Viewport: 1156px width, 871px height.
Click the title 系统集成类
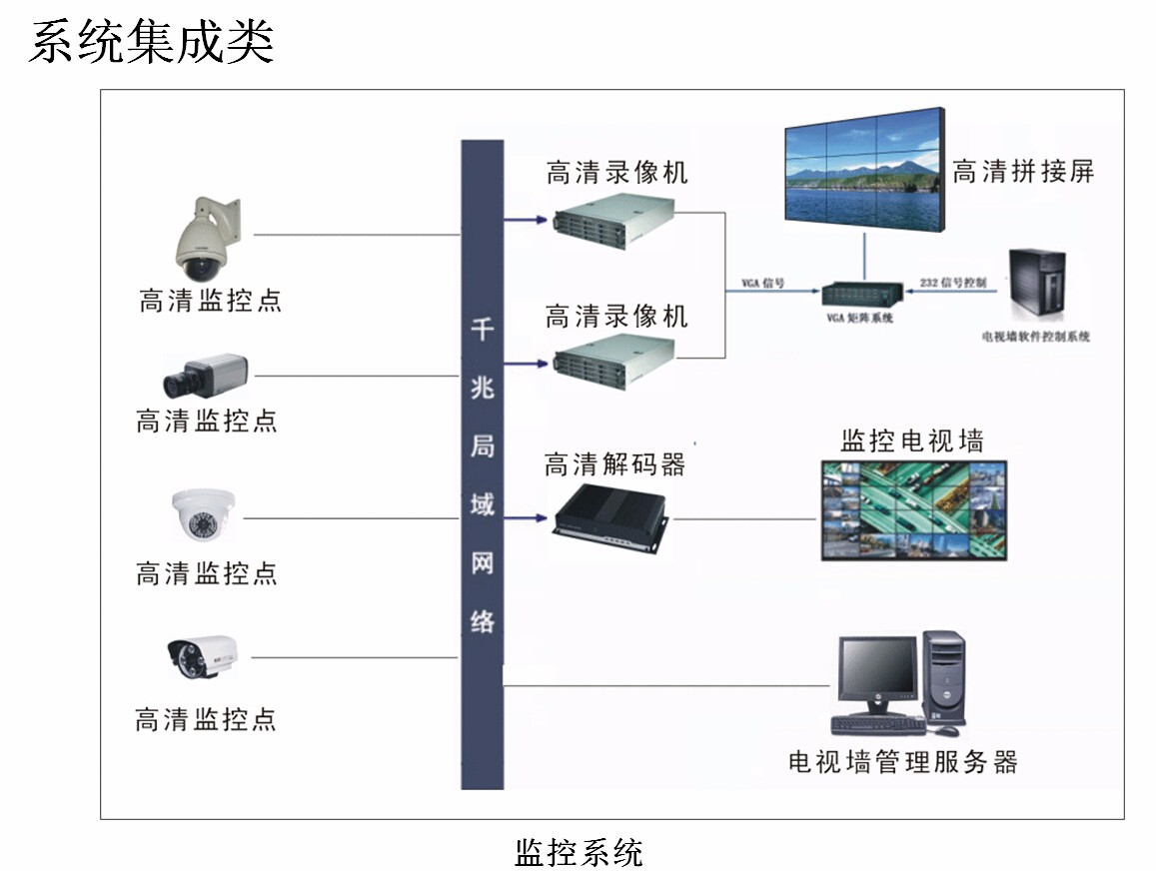pyautogui.click(x=151, y=43)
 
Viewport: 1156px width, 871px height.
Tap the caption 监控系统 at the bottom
pyautogui.click(x=578, y=852)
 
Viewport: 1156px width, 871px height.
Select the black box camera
pyautogui.click(x=205, y=377)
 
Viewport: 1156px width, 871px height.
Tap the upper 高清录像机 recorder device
pyautogui.click(x=612, y=222)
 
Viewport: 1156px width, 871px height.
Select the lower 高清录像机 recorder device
pyautogui.click(x=612, y=363)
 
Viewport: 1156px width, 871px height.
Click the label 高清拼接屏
pyautogui.click(x=1023, y=171)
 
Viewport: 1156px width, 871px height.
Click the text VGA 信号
pyautogui.click(x=762, y=284)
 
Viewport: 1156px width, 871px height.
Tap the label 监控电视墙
pyautogui.click(x=912, y=440)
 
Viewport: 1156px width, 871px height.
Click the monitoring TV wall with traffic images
pyautogui.click(x=913, y=509)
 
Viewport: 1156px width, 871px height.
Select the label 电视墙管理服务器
pyautogui.click(x=902, y=762)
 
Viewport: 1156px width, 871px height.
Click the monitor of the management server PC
pyautogui.click(x=876, y=670)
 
